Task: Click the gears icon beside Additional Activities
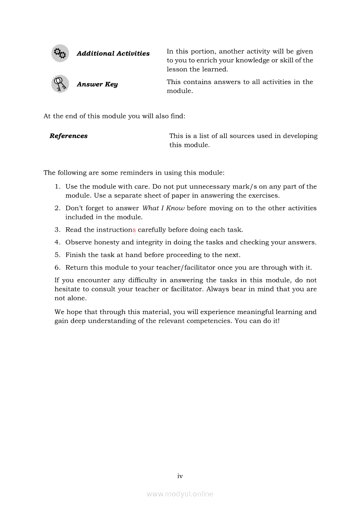(60, 54)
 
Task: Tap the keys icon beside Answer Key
(60, 84)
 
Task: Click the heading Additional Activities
(113, 54)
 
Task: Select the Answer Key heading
(97, 84)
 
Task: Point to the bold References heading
(68, 136)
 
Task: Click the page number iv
(180, 476)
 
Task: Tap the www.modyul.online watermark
(180, 494)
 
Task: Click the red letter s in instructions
(134, 229)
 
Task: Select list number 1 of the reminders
(57, 186)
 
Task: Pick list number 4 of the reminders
(57, 242)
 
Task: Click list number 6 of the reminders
(57, 267)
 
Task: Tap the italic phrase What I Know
(163, 208)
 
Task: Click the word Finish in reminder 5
(75, 255)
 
